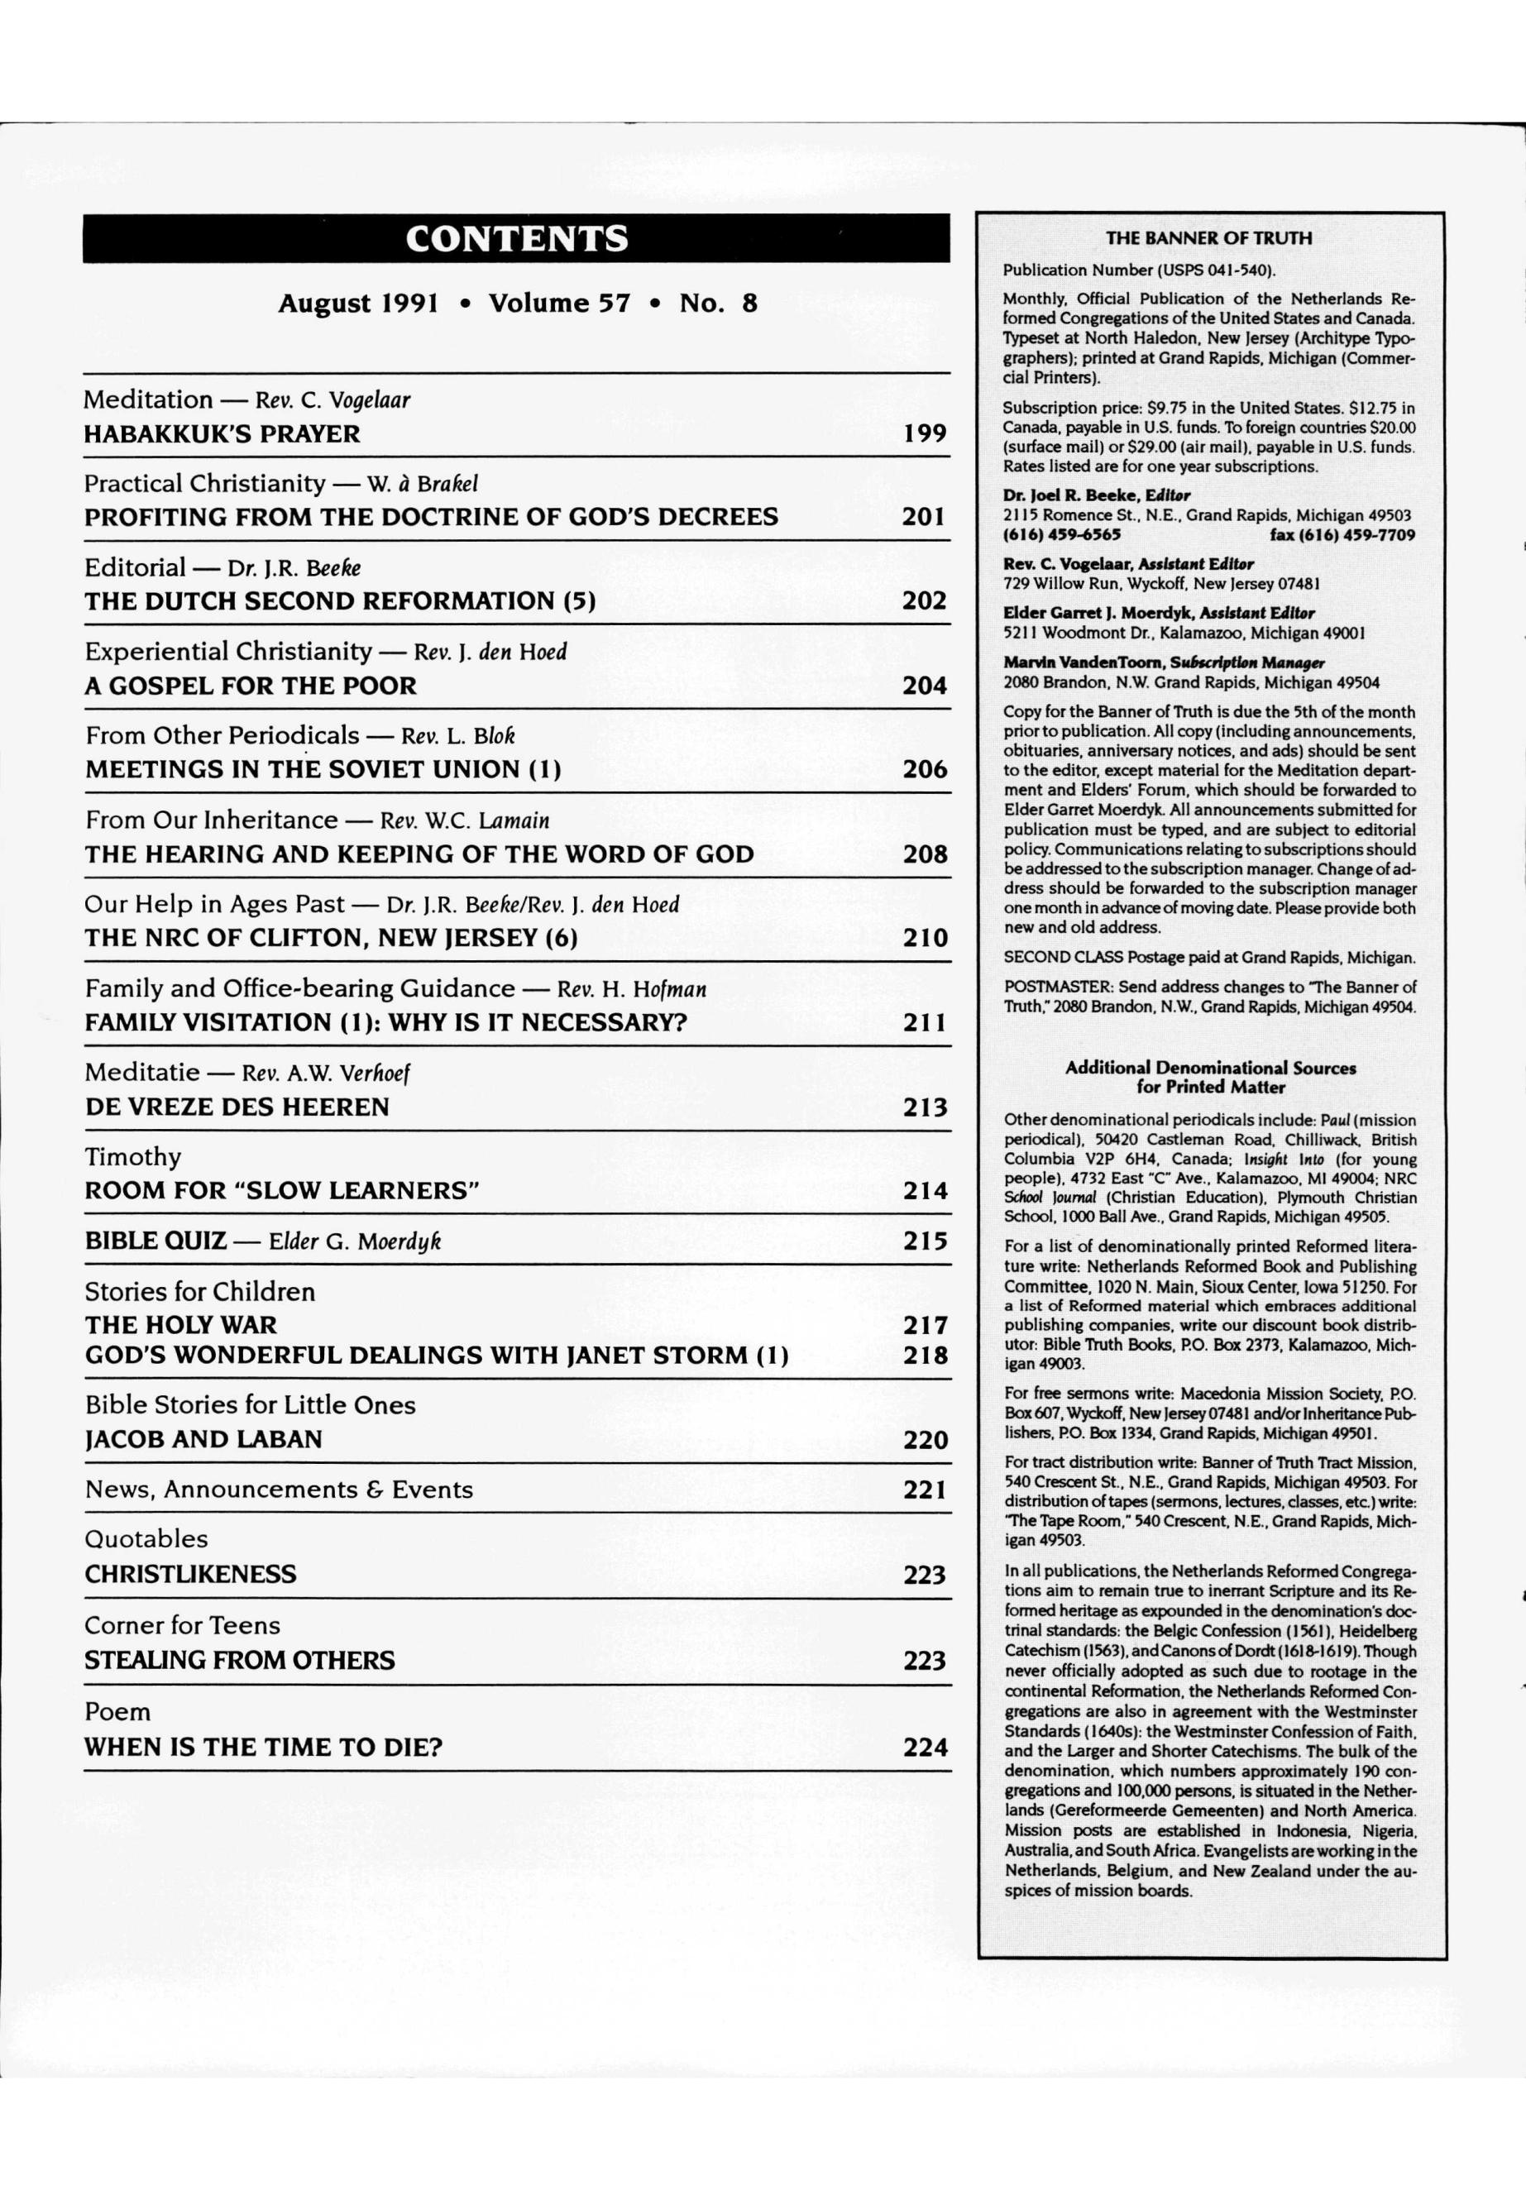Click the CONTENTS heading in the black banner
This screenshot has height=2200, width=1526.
tap(516, 238)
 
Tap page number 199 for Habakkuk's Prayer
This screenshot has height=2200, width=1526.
tap(925, 434)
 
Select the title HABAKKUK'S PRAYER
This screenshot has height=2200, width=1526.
tap(222, 434)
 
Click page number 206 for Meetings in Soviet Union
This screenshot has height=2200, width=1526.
tap(925, 770)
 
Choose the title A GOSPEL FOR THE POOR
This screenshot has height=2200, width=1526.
tap(251, 686)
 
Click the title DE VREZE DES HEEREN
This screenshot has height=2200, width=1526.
tap(237, 1107)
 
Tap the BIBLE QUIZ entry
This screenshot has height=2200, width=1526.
tap(155, 1241)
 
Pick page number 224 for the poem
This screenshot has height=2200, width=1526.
tap(925, 1747)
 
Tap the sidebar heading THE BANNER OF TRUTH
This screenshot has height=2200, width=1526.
tap(1208, 238)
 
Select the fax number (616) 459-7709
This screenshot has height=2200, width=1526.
tap(1342, 535)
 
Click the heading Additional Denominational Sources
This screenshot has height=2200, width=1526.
tap(1211, 1068)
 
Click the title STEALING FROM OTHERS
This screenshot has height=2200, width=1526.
tap(239, 1660)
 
